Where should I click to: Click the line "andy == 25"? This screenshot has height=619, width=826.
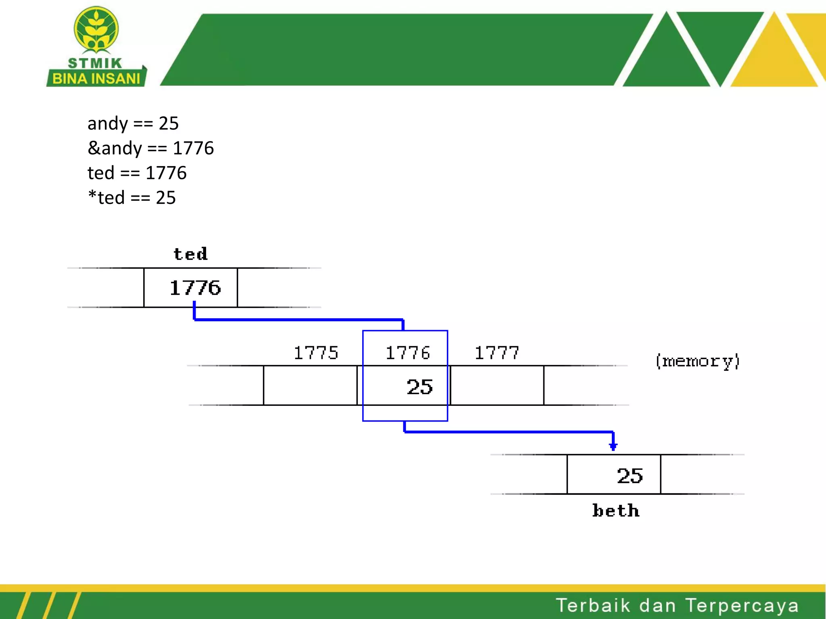point(133,123)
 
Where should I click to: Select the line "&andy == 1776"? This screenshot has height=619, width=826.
point(150,148)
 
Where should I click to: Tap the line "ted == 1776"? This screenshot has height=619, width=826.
point(137,173)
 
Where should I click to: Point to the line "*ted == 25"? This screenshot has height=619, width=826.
point(132,197)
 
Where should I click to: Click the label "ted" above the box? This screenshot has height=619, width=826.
point(190,254)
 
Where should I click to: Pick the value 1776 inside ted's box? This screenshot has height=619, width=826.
point(195,288)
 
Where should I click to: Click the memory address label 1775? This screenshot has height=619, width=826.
point(316,353)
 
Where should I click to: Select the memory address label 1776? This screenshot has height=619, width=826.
point(408,353)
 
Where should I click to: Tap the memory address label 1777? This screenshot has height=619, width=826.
point(496,353)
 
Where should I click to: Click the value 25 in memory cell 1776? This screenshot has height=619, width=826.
point(419,387)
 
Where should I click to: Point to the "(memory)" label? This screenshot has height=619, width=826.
point(697,361)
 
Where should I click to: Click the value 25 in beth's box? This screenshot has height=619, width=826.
point(630,476)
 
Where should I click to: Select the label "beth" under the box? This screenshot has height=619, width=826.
point(616,511)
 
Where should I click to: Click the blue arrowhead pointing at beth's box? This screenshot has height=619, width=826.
point(613,447)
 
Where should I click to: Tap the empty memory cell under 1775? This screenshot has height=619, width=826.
point(310,386)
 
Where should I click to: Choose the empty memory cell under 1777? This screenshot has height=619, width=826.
point(497,386)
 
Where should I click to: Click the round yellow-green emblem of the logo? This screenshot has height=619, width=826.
point(96,29)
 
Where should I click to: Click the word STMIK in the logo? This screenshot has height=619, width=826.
point(95,63)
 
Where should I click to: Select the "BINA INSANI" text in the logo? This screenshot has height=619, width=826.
point(96,79)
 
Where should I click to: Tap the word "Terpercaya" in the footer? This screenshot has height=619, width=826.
point(742,605)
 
